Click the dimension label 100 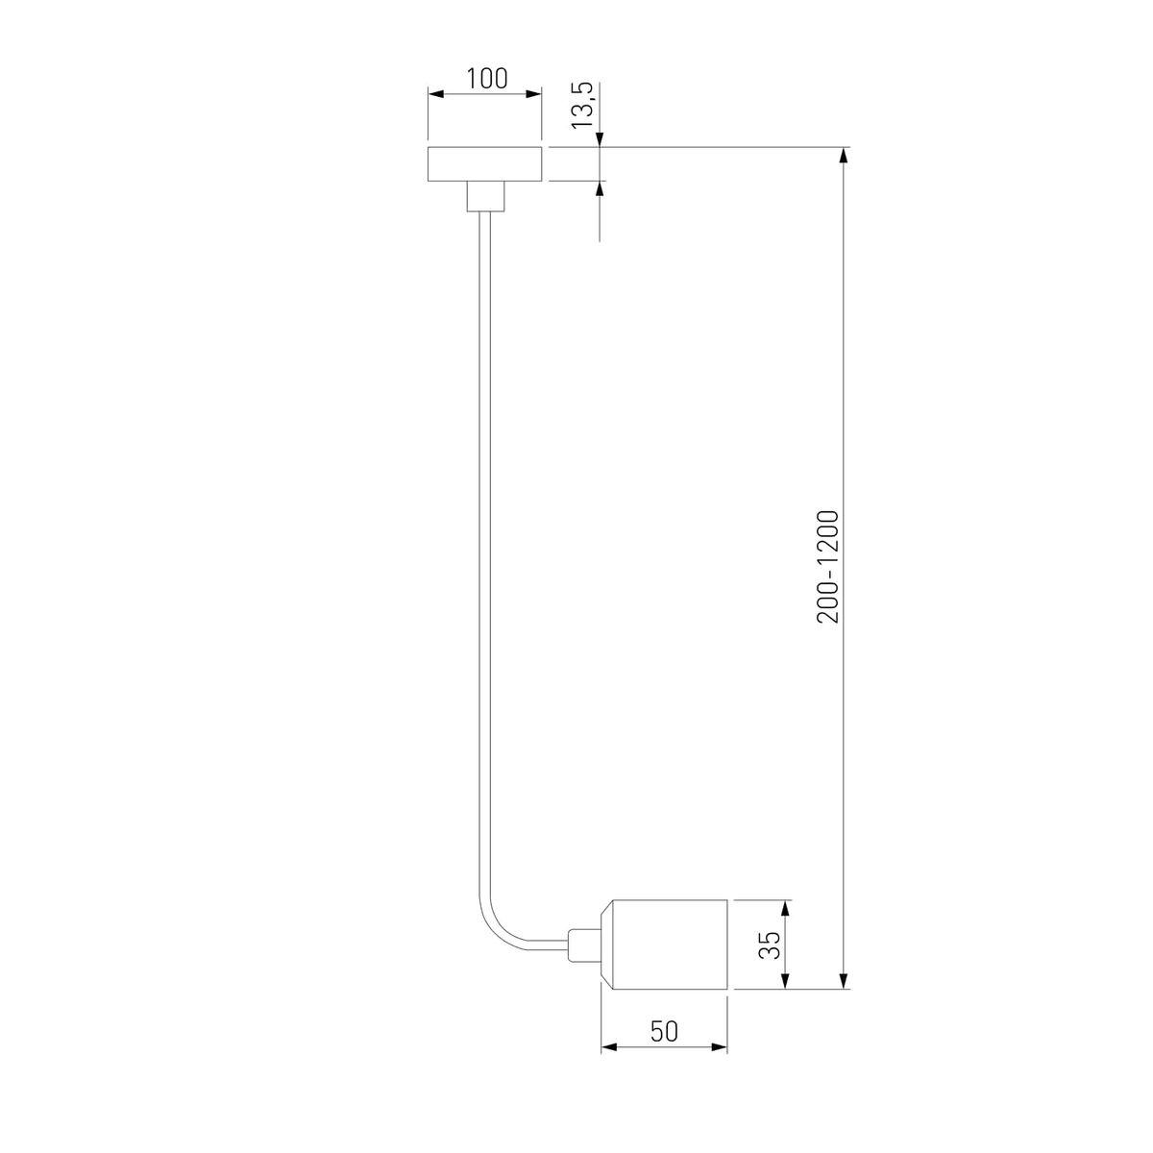(486, 79)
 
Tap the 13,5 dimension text (583, 106)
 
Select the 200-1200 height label (827, 567)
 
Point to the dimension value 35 (768, 945)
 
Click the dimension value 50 (664, 1031)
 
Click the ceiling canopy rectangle (484, 164)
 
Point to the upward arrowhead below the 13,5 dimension (601, 188)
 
